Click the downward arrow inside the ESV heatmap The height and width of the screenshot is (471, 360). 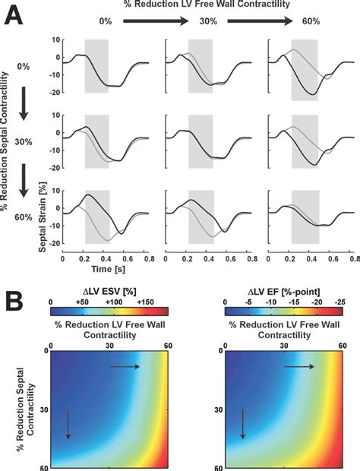point(68,424)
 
